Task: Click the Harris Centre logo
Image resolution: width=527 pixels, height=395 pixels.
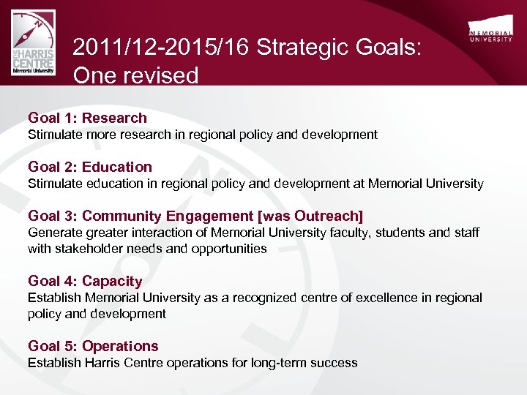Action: point(34,45)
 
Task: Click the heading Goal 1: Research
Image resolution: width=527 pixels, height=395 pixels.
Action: point(87,118)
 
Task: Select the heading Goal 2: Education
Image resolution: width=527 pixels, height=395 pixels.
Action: point(90,167)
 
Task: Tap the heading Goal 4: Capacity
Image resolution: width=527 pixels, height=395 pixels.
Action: point(85,281)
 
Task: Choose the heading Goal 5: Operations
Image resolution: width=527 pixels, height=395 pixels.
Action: point(93,346)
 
